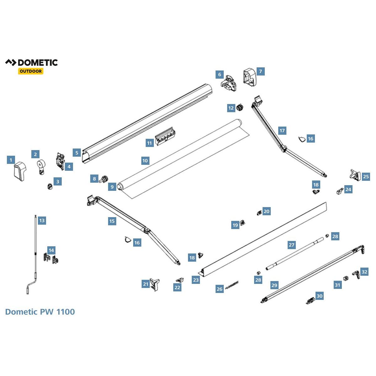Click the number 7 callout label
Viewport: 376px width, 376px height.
coord(260,71)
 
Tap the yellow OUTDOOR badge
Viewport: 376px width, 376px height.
coord(30,71)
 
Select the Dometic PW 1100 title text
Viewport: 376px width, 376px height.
coord(40,312)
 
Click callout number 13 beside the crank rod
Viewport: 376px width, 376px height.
coord(42,221)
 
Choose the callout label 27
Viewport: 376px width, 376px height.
coord(292,245)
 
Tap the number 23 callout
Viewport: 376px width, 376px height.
coord(196,280)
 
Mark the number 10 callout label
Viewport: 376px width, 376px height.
coord(145,161)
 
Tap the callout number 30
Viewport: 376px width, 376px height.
coord(319,296)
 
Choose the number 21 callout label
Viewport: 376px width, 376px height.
coord(146,284)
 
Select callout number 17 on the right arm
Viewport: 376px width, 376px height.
coord(282,131)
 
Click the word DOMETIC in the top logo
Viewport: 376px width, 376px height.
coord(38,63)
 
